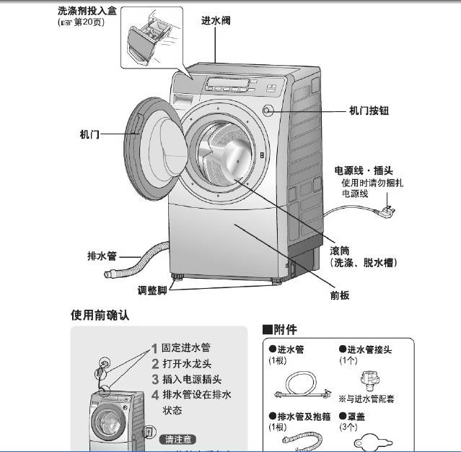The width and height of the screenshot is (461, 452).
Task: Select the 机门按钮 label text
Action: click(x=369, y=110)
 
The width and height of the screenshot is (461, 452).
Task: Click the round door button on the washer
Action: click(x=269, y=111)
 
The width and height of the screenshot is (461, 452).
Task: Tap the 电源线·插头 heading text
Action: click(x=363, y=171)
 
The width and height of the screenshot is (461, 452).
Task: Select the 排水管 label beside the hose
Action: click(x=102, y=256)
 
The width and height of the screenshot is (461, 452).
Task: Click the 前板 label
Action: click(x=340, y=295)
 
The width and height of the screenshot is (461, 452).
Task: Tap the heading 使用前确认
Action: click(x=100, y=316)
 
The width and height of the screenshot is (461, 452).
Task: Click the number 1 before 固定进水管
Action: click(x=154, y=349)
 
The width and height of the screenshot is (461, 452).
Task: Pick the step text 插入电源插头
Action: click(x=191, y=379)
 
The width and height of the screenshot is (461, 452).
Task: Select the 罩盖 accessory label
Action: click(x=356, y=417)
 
